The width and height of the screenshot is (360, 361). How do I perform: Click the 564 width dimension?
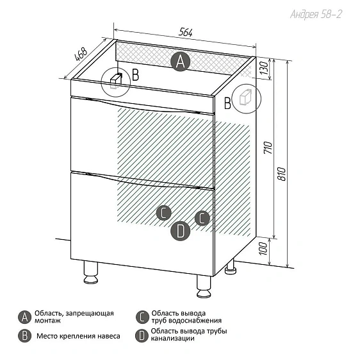click(185, 32)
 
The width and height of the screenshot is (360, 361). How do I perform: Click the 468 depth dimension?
click(81, 54)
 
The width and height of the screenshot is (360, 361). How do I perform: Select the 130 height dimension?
click(265, 68)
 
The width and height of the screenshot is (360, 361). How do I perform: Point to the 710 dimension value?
click(268, 147)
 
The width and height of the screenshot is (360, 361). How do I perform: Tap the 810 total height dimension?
click(281, 174)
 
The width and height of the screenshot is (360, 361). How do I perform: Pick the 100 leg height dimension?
click(264, 248)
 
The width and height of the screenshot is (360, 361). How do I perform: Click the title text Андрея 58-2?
click(316, 14)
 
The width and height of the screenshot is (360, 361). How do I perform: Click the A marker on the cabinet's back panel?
click(181, 62)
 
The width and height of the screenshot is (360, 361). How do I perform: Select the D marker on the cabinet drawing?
click(181, 231)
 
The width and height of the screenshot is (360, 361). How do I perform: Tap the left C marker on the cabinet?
click(164, 213)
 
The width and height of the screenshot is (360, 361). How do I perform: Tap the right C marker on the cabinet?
click(202, 218)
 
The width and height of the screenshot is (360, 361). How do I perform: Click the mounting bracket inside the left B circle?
click(116, 80)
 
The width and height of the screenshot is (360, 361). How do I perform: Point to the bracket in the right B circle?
click(245, 97)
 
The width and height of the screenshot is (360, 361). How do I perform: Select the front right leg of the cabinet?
click(204, 286)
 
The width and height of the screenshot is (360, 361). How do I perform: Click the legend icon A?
click(24, 317)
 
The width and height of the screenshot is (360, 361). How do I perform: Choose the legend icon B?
click(24, 336)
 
